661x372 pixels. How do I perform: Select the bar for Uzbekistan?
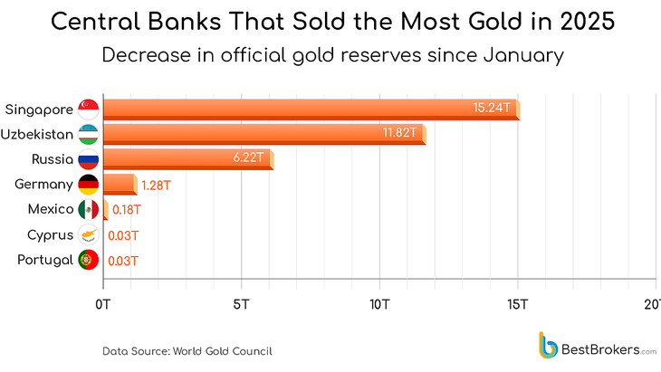click(x=263, y=135)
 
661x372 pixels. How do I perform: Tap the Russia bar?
click(x=187, y=160)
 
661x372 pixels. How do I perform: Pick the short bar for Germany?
click(x=119, y=186)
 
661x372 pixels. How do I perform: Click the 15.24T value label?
click(x=491, y=108)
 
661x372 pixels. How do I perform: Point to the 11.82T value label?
click(x=398, y=134)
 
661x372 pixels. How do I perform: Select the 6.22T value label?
click(x=247, y=159)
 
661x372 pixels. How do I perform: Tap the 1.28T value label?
click(x=155, y=186)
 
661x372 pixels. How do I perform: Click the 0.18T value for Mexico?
click(x=126, y=210)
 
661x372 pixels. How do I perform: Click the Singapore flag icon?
click(x=89, y=110)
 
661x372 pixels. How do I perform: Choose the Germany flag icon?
click(x=89, y=185)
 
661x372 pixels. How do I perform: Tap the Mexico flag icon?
click(x=89, y=210)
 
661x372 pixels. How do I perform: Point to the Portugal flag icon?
click(x=89, y=261)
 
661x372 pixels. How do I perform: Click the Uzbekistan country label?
click(x=39, y=135)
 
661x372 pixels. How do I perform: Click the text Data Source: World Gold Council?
click(x=187, y=350)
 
